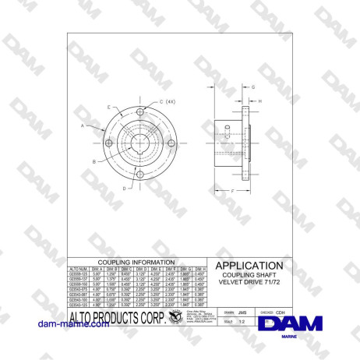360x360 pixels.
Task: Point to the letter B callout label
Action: [94, 161]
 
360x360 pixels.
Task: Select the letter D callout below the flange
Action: [125, 189]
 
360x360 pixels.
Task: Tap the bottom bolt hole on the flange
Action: [136, 175]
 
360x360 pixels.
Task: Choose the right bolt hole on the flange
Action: [169, 143]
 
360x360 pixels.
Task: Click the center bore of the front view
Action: [136, 143]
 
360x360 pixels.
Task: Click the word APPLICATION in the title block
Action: [249, 266]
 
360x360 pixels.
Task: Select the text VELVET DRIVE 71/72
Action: [249, 283]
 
